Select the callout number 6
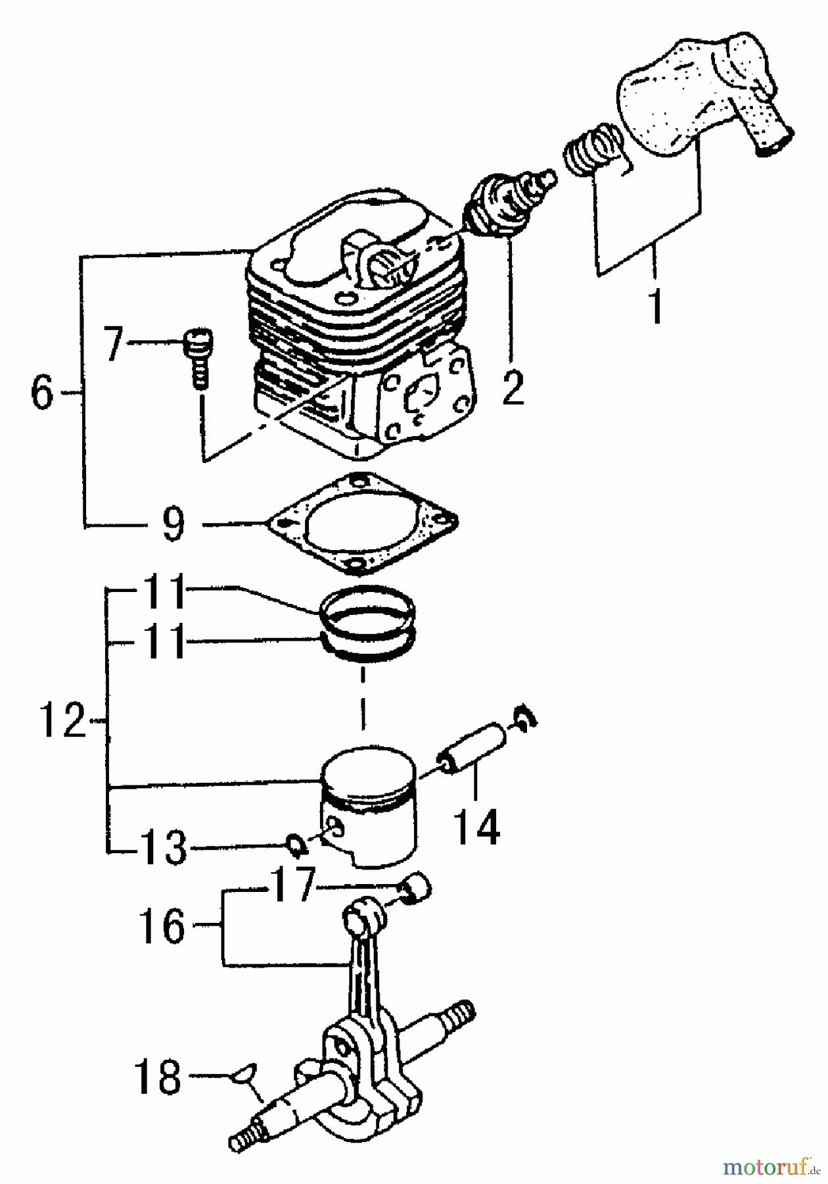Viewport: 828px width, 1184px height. coord(41,393)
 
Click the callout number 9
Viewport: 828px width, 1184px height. coord(173,524)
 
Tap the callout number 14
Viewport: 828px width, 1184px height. coord(477,827)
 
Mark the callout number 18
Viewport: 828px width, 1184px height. coord(158,1077)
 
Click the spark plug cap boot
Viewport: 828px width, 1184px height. coord(703,99)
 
